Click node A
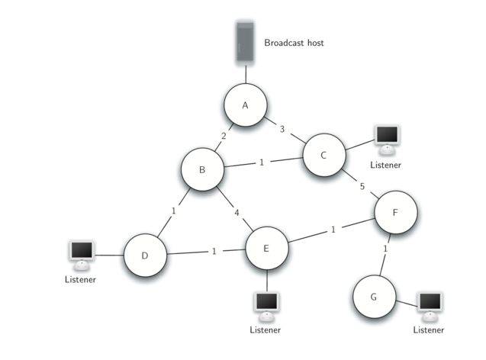246,105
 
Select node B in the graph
202,169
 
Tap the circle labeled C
323,156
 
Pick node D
145,255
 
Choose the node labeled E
266,248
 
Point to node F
395,212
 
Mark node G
374,296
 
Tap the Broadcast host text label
294,43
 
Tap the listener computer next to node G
430,304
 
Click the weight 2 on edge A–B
223,137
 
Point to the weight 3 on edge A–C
282,129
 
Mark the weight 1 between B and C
261,162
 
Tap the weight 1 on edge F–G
386,249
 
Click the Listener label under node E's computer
266,329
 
